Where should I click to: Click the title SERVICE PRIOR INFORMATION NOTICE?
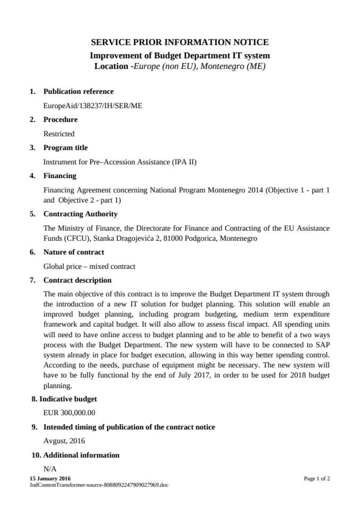pyautogui.click(x=180, y=42)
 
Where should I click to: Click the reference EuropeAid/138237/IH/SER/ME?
pyautogui.click(x=93, y=106)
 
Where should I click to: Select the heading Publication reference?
pyautogui.click(x=78, y=92)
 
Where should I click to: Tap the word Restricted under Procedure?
pyautogui.click(x=59, y=134)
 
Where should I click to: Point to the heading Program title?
pyautogui.click(x=66, y=148)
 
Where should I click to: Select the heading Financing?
pyautogui.click(x=60, y=175)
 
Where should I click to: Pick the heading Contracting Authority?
pyautogui.click(x=81, y=214)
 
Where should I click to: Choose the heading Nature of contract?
pyautogui.click(x=74, y=252)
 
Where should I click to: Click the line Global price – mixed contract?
pyautogui.click(x=89, y=266)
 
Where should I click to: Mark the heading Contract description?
pyautogui.click(x=77, y=280)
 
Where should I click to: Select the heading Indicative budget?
pyautogui.click(x=68, y=399)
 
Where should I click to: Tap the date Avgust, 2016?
pyautogui.click(x=64, y=441)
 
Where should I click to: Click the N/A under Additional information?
pyautogui.click(x=50, y=469)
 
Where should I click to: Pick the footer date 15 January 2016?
pyautogui.click(x=50, y=479)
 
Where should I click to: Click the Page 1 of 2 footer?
pyautogui.click(x=317, y=479)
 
